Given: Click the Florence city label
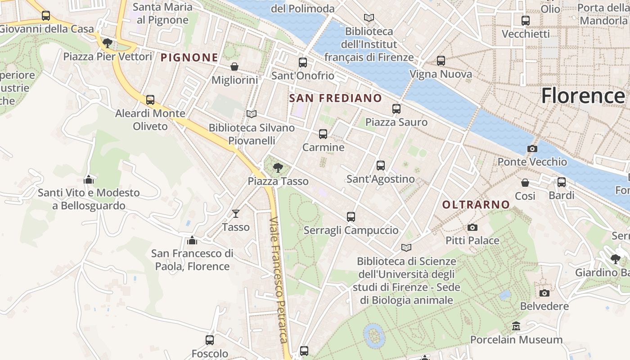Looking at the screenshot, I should [x=583, y=96].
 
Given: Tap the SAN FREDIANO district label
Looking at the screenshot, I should [x=335, y=98].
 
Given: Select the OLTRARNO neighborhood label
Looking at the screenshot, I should [x=476, y=205].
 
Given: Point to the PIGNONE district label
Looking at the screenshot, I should [x=189, y=58].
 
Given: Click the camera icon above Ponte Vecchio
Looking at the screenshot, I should [x=532, y=149].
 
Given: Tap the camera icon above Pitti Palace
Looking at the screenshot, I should [x=472, y=228].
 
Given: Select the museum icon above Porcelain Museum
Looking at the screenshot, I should [x=516, y=326].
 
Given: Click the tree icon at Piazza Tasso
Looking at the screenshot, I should [x=278, y=168].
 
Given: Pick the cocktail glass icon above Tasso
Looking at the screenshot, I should [x=236, y=214].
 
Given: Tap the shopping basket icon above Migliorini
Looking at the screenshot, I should [x=234, y=67].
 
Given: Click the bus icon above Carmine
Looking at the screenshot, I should [x=323, y=134].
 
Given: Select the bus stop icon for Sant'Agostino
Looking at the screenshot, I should [x=381, y=166].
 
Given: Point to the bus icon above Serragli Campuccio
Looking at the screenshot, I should [x=351, y=217].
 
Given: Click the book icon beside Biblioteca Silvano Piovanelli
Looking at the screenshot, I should [x=252, y=114].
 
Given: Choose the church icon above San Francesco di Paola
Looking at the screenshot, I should [x=192, y=240].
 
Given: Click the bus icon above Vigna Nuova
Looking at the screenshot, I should [x=441, y=61].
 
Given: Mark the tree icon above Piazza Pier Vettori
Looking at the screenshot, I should [x=107, y=43].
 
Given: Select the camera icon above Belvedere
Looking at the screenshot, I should [x=544, y=293].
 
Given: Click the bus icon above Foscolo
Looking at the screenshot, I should [x=210, y=340].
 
